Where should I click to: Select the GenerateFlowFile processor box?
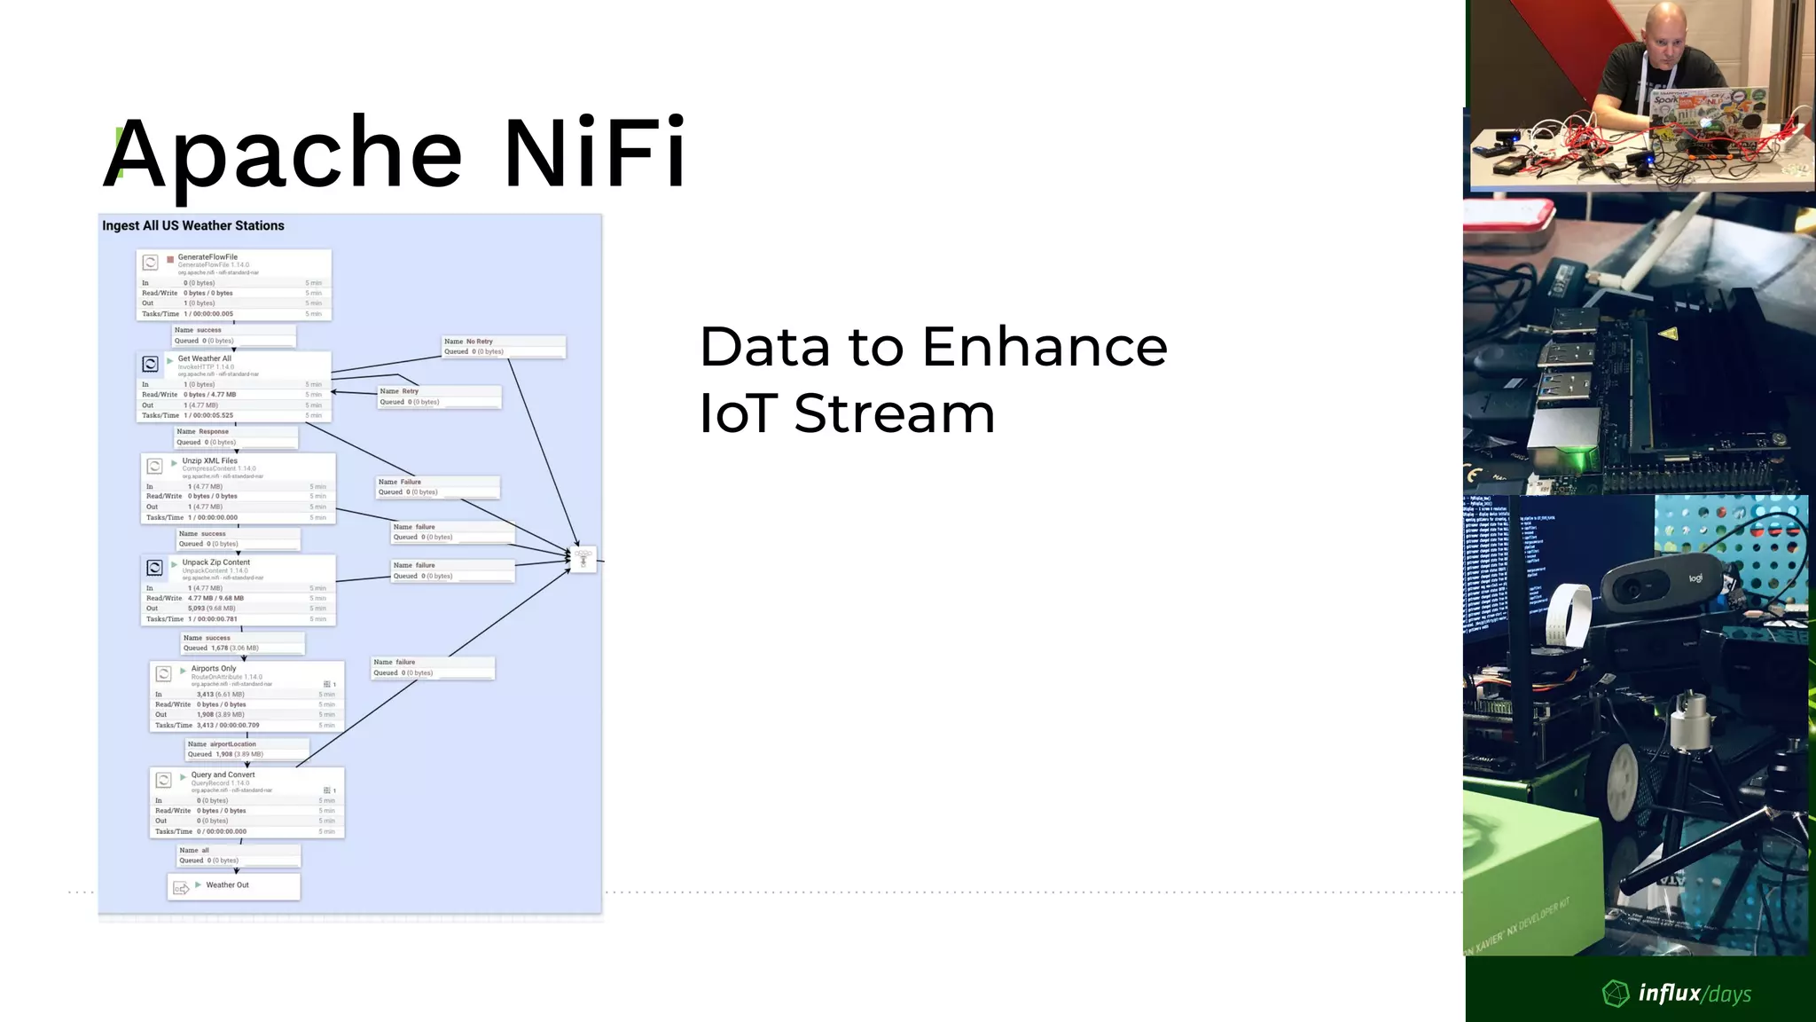point(234,285)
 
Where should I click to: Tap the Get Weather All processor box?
point(234,387)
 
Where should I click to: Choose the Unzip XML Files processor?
point(238,489)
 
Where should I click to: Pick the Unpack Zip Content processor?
point(238,591)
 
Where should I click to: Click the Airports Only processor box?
point(247,696)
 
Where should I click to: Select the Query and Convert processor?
point(247,803)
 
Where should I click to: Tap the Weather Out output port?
point(234,885)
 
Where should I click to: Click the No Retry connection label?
point(504,347)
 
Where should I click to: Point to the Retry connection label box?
point(439,397)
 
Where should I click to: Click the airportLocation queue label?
point(247,750)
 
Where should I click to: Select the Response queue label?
point(236,436)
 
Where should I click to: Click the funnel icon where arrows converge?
point(583,559)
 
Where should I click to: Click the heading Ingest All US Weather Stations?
point(193,225)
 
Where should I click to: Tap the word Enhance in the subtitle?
point(1045,347)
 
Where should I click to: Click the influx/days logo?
point(1677,993)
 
